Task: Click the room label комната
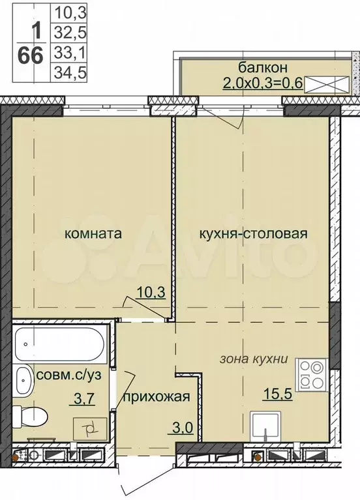[x=93, y=233]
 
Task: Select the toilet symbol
[x=31, y=414]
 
